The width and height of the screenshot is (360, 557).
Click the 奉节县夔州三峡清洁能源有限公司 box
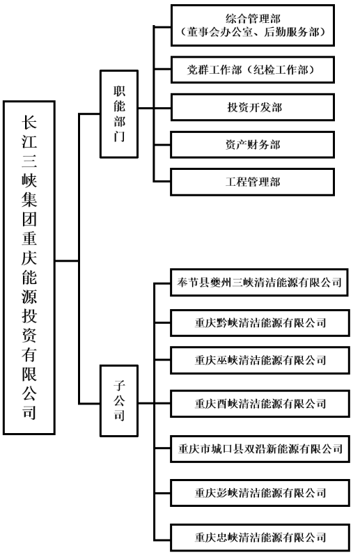pos(258,283)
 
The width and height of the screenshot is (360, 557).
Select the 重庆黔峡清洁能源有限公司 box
pos(258,322)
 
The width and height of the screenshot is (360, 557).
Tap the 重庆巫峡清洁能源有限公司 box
pos(258,361)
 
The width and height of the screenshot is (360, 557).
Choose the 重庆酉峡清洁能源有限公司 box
pos(258,403)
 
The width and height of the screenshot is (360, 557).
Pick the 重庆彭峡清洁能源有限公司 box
pos(258,493)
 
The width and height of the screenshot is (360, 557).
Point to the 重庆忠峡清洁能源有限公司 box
pos(258,537)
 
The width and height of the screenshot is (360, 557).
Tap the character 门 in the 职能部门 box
pos(119,136)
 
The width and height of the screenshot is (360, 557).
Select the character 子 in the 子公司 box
pos(119,383)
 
